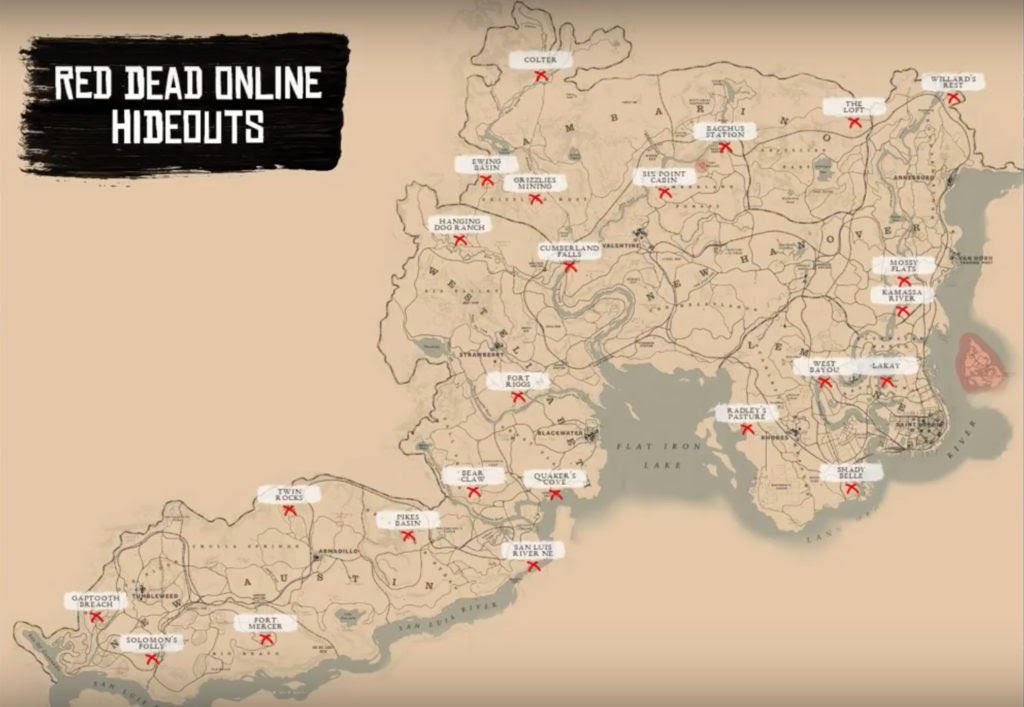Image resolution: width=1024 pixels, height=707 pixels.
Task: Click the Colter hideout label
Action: click(539, 60)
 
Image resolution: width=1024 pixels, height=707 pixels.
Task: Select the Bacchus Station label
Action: click(725, 131)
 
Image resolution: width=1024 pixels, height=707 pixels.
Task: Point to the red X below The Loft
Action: click(855, 122)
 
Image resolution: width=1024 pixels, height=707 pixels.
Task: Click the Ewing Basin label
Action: click(485, 163)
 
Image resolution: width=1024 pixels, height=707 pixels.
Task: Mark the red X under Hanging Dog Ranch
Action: click(460, 240)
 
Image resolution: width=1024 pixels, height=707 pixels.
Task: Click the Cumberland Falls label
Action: click(569, 250)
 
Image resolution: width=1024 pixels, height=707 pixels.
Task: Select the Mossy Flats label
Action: click(904, 265)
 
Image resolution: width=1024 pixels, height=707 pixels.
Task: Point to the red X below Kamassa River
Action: click(902, 311)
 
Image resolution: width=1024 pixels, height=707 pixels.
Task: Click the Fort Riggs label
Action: click(517, 380)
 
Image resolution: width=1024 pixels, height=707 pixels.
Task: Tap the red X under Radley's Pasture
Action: click(747, 430)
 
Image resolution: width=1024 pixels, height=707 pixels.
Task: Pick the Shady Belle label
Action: click(851, 471)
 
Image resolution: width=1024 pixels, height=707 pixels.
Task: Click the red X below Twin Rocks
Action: click(289, 510)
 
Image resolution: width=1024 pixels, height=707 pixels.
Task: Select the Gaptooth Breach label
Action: click(96, 600)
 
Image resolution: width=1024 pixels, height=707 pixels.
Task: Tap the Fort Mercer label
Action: click(265, 623)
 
